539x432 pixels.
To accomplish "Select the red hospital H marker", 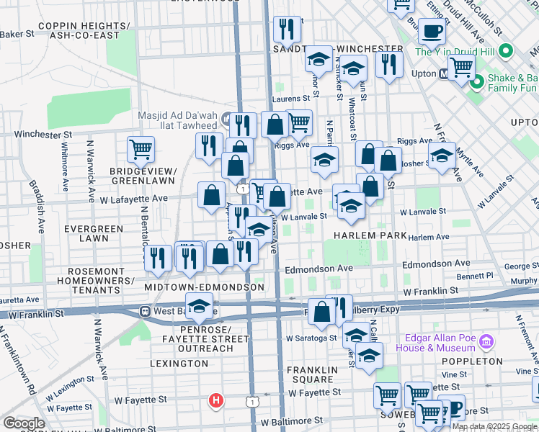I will click(215, 400).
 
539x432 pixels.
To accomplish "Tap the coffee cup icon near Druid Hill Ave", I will click(432, 32).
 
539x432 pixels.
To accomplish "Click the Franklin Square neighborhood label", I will click(312, 376).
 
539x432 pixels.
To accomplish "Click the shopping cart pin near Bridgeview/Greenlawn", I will click(141, 149).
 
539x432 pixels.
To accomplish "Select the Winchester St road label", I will click(43, 134).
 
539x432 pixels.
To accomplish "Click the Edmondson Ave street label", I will click(318, 269).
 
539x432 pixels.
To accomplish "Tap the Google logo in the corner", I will click(24, 423).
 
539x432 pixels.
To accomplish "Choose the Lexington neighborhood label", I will click(179, 364).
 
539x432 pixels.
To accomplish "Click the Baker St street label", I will click(17, 34).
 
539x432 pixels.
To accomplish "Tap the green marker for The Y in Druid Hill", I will click(506, 51).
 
